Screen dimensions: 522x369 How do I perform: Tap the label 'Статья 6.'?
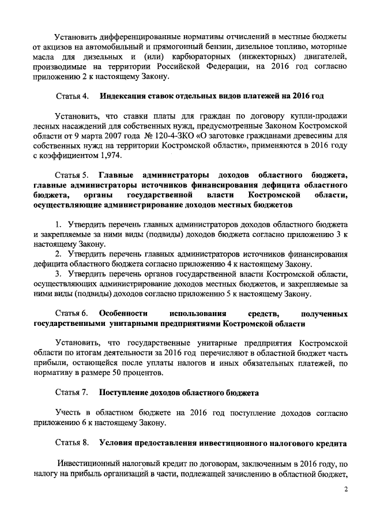(71, 313)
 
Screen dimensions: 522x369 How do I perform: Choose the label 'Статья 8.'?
(71, 444)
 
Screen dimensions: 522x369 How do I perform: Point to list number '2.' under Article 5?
(59, 254)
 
